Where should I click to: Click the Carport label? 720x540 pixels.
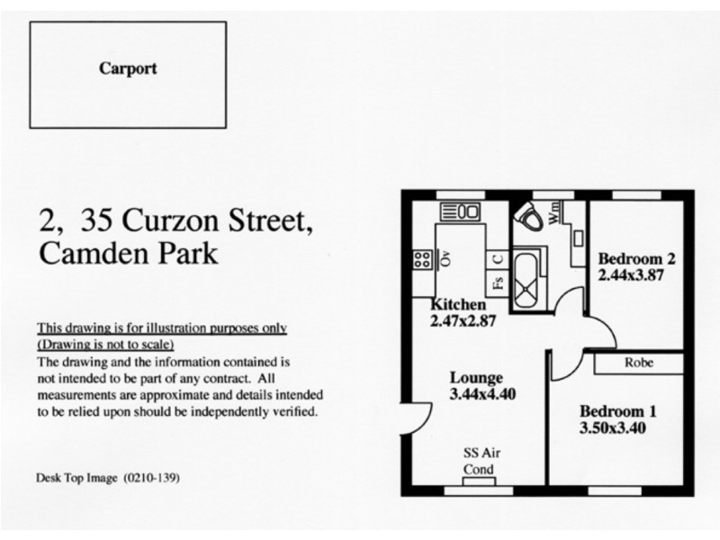[129, 67]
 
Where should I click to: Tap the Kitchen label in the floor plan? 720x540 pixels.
[459, 304]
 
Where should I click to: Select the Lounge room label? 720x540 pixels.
[476, 377]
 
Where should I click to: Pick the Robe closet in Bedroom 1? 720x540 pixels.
[638, 364]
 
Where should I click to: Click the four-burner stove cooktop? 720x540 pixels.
[421, 260]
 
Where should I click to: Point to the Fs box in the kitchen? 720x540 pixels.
[497, 285]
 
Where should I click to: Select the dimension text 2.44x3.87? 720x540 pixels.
[631, 275]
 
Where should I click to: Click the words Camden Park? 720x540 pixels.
[128, 253]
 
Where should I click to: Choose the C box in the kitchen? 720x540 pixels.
[497, 258]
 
